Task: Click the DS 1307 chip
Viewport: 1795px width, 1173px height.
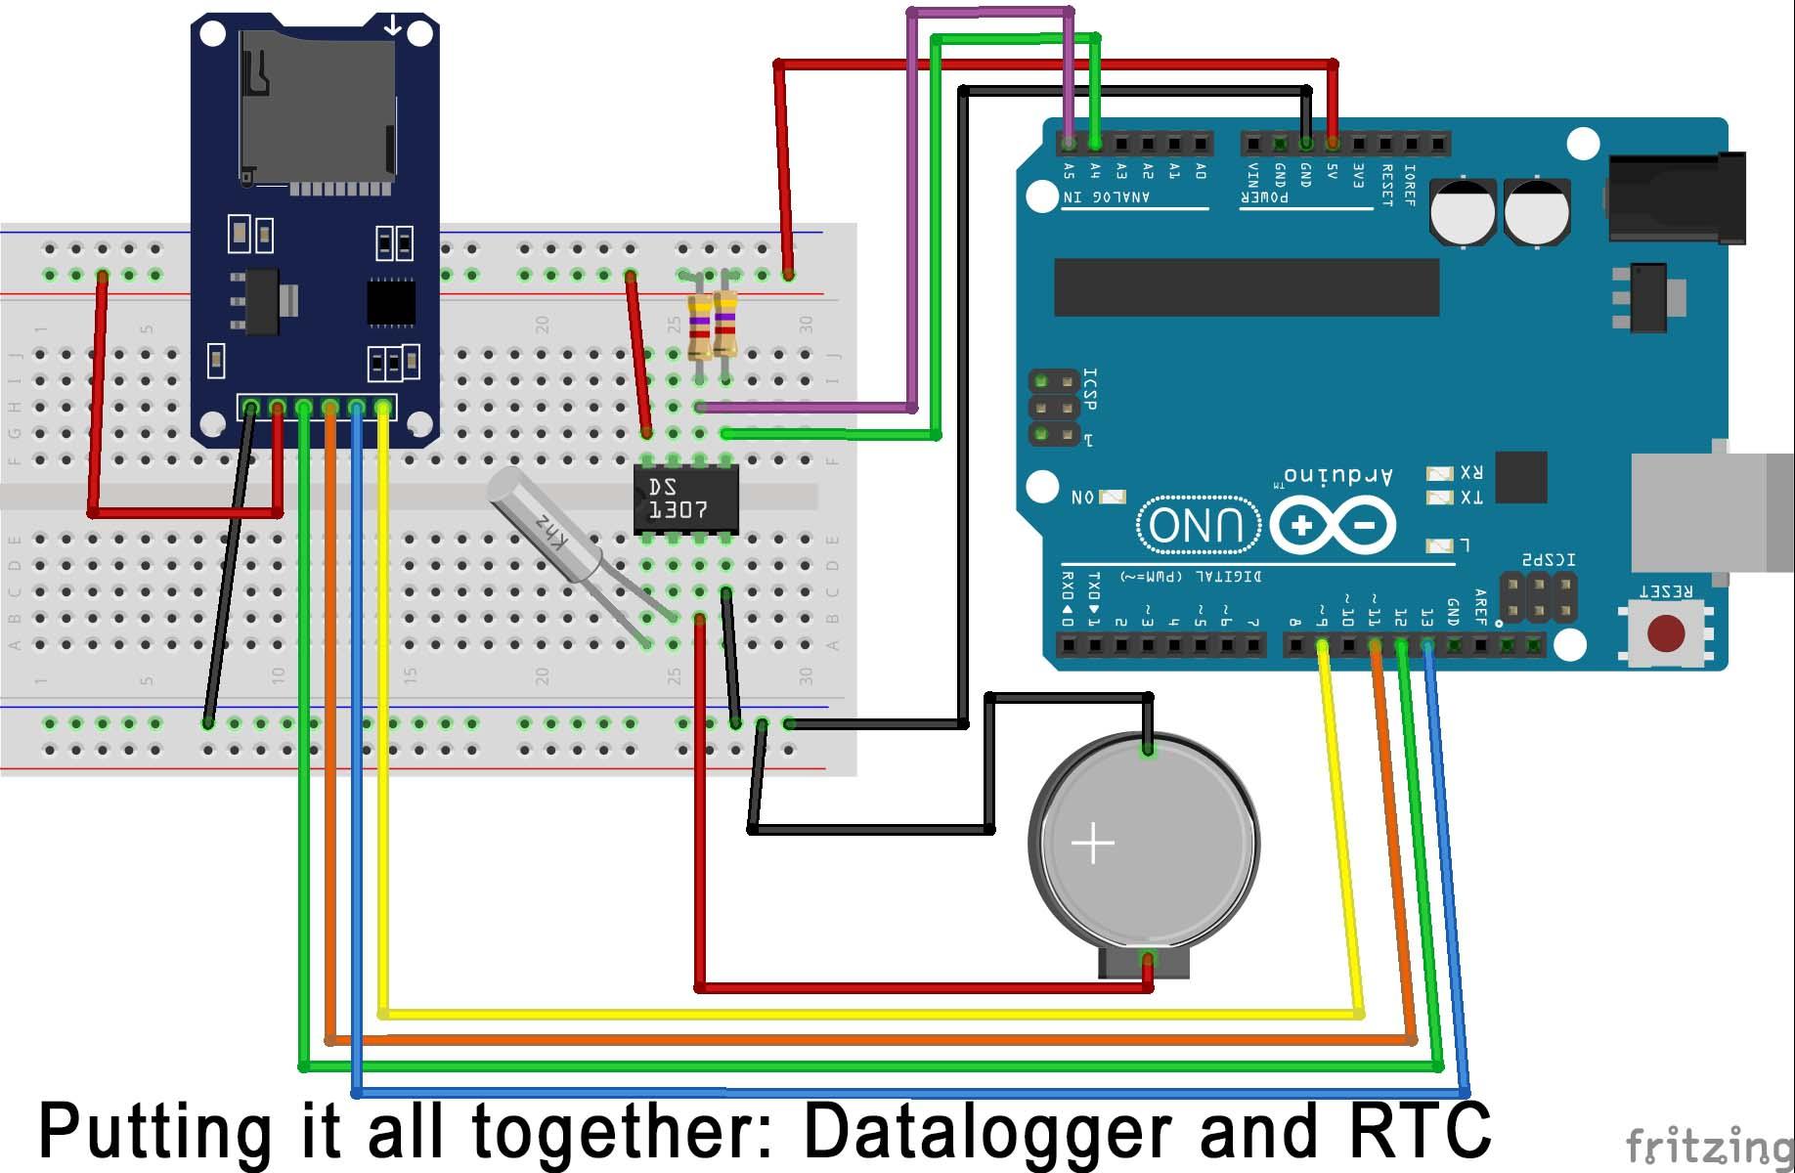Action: (x=684, y=499)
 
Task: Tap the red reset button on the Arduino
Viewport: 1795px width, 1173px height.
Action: (x=1665, y=632)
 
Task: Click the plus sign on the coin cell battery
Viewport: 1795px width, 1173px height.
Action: (x=1093, y=843)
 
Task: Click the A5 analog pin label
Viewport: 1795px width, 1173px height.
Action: (x=1069, y=172)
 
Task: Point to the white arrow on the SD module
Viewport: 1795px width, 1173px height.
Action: (x=392, y=25)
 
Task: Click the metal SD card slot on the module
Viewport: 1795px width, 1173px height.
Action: (x=318, y=108)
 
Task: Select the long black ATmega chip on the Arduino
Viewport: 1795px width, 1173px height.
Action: (x=1246, y=287)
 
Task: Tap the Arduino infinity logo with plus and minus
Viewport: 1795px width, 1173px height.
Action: (x=1332, y=526)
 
